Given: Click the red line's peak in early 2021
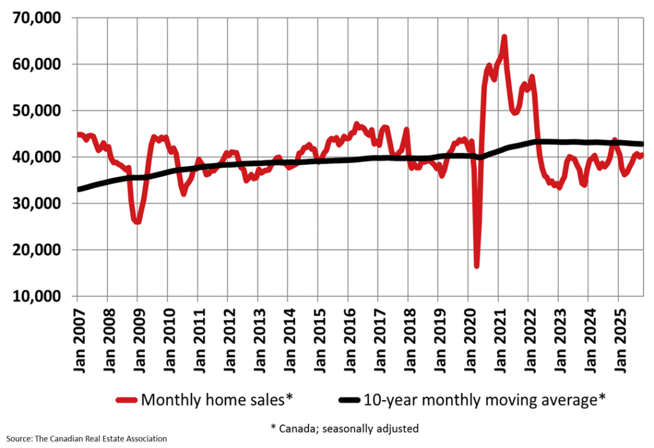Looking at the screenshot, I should click(x=505, y=37).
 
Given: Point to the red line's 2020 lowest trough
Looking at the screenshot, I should click(x=476, y=265).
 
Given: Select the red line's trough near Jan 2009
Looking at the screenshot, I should click(x=137, y=222).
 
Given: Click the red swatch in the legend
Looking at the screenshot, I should click(x=127, y=400).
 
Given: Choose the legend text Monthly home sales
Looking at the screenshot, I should click(x=217, y=400).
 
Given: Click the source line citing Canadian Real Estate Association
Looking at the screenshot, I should click(x=87, y=439).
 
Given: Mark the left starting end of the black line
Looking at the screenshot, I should click(x=77, y=189).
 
